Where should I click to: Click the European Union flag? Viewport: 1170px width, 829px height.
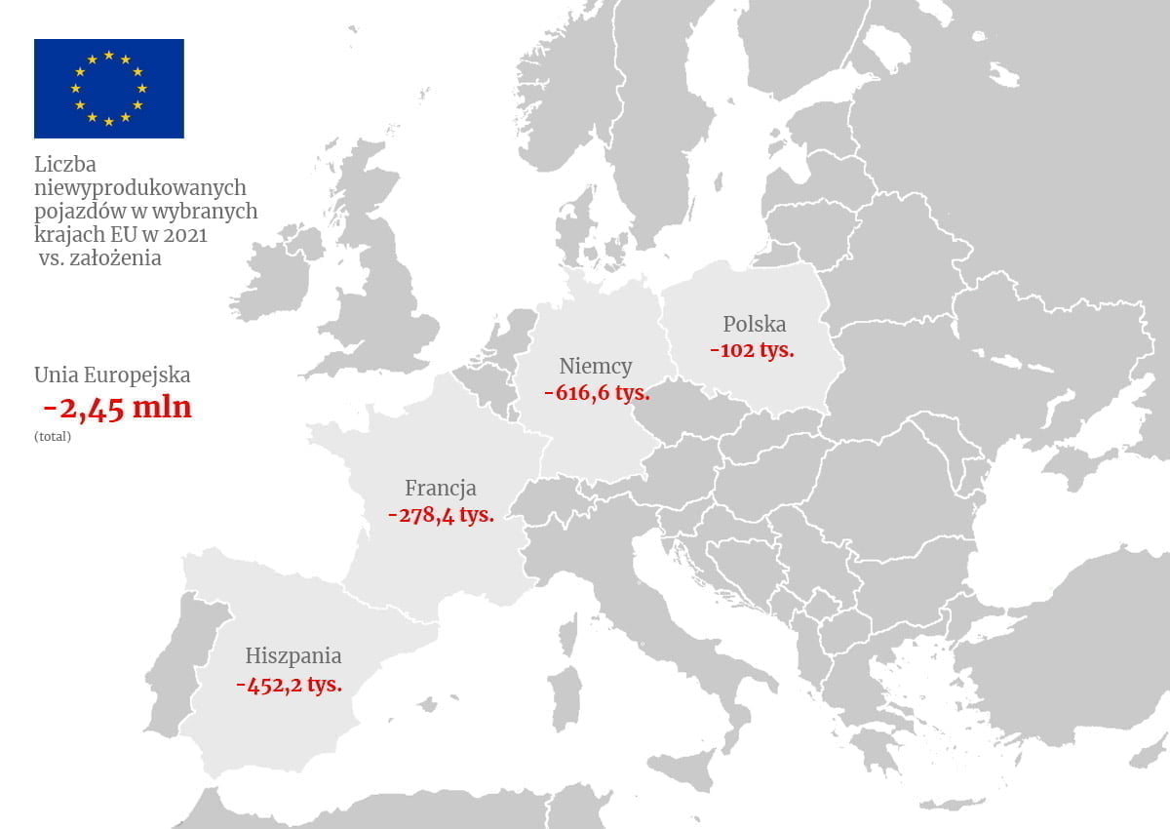(x=108, y=88)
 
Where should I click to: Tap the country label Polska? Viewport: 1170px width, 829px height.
(x=754, y=325)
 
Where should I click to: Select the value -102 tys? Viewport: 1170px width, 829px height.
(x=752, y=350)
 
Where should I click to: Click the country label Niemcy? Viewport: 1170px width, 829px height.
(x=596, y=367)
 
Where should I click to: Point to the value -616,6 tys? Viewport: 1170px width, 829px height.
(x=596, y=394)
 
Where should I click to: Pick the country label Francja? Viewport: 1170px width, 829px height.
(x=441, y=488)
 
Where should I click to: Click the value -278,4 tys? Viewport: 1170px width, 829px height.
(x=441, y=514)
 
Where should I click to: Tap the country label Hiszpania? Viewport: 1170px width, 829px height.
(x=293, y=655)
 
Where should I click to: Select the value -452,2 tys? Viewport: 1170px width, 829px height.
(x=289, y=684)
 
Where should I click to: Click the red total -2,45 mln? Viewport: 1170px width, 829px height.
(x=118, y=408)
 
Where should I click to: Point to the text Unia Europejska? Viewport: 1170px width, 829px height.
(x=112, y=375)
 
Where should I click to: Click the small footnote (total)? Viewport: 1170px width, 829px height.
(x=53, y=437)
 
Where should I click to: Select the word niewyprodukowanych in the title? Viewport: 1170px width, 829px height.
(x=139, y=186)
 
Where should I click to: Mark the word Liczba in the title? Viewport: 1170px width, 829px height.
(x=65, y=164)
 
